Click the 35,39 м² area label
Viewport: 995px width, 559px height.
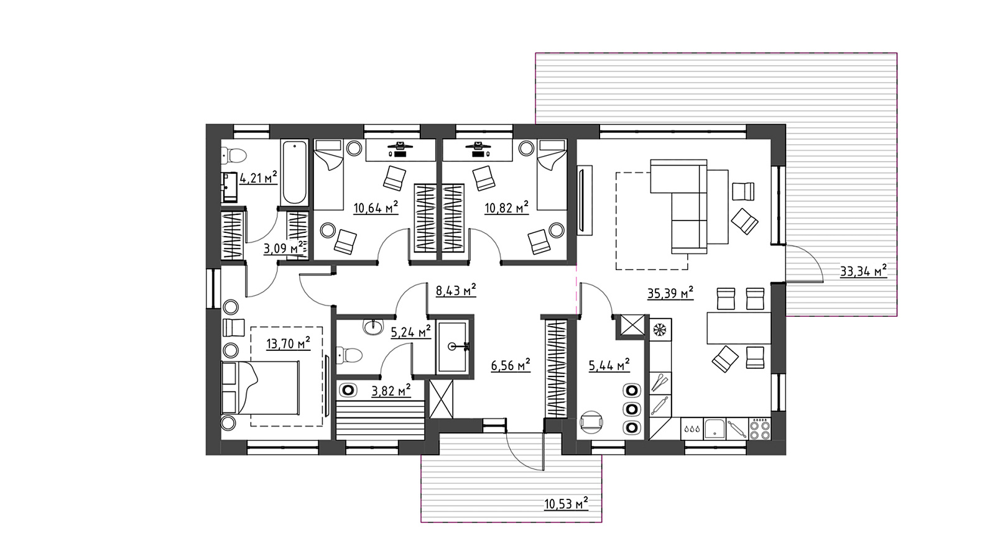click(670, 293)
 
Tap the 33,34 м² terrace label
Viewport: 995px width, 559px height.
click(864, 271)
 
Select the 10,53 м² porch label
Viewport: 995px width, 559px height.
click(567, 504)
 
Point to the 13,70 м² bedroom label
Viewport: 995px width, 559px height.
click(289, 343)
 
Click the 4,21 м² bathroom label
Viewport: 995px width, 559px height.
click(259, 178)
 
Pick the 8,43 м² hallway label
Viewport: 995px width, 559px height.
click(456, 291)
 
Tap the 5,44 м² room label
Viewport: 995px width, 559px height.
click(609, 366)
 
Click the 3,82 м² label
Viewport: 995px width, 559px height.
click(391, 391)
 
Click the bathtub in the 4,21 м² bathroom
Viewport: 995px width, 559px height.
click(294, 173)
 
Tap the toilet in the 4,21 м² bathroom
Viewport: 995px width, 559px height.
click(234, 155)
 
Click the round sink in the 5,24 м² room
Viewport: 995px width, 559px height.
click(373, 327)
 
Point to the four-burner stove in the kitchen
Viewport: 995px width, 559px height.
click(759, 429)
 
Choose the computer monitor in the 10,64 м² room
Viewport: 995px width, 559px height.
click(400, 145)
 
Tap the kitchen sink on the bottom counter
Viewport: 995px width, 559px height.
click(715, 429)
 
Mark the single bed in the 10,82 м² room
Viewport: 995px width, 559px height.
click(552, 175)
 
